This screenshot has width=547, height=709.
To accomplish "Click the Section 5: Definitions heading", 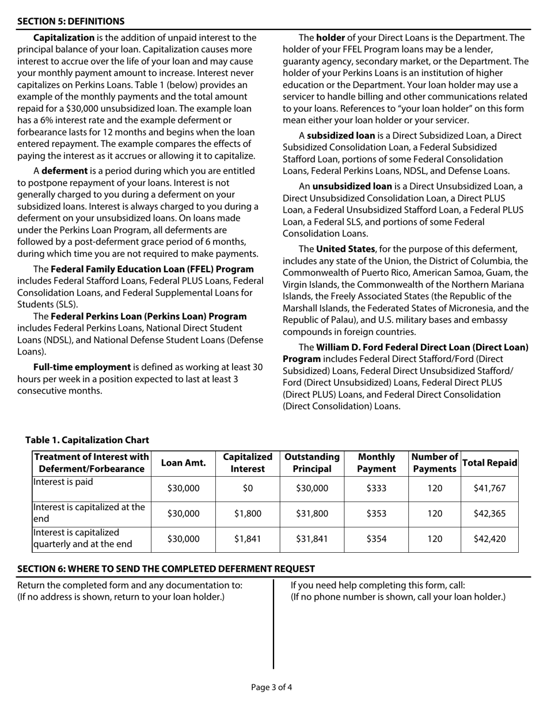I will click(x=71, y=21).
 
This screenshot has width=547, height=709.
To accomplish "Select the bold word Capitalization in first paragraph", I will click(x=64, y=38).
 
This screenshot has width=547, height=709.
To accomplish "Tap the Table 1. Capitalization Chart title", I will click(x=87, y=440).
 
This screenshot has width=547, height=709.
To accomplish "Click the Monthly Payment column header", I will click(x=377, y=463).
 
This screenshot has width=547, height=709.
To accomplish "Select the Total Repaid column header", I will click(x=490, y=463).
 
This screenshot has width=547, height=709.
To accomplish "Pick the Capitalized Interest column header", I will click(x=247, y=463).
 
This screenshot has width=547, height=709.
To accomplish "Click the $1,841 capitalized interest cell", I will click(x=247, y=539).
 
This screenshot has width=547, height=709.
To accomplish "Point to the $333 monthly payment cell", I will click(x=377, y=488).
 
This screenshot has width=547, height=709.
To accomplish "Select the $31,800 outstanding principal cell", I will click(x=312, y=514).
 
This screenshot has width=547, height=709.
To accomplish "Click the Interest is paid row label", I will click(x=63, y=482).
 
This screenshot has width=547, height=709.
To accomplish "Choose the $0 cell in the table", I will click(x=247, y=488).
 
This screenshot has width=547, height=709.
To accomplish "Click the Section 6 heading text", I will click(x=166, y=569).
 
